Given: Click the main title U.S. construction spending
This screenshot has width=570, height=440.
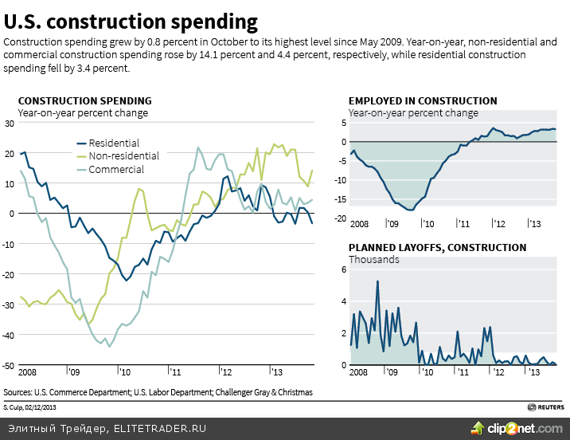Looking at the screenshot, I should pos(131,21).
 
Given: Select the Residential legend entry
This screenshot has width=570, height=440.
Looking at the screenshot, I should pos(114,143).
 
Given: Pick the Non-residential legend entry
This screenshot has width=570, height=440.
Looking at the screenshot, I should pos(123,156).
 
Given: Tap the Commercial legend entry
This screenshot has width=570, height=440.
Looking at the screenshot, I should pos(116,169).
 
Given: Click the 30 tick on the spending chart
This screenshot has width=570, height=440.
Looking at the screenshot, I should pos(10,124).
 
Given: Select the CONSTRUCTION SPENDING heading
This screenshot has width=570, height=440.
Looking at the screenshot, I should pos(84,100).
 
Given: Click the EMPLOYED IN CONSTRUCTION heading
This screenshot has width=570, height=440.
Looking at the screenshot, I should pos(423,100).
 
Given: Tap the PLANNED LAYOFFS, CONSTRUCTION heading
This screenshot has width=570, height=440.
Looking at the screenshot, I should pos(437,247).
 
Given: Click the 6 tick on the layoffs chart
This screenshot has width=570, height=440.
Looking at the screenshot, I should pos(344,269).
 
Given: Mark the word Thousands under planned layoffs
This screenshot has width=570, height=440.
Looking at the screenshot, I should pos(373,259).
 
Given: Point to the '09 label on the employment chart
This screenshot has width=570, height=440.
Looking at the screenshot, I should pos(392,226).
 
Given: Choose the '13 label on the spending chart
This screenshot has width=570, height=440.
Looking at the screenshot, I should pos(276,371).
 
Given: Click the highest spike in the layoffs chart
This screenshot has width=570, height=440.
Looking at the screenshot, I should pos(377,281).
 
